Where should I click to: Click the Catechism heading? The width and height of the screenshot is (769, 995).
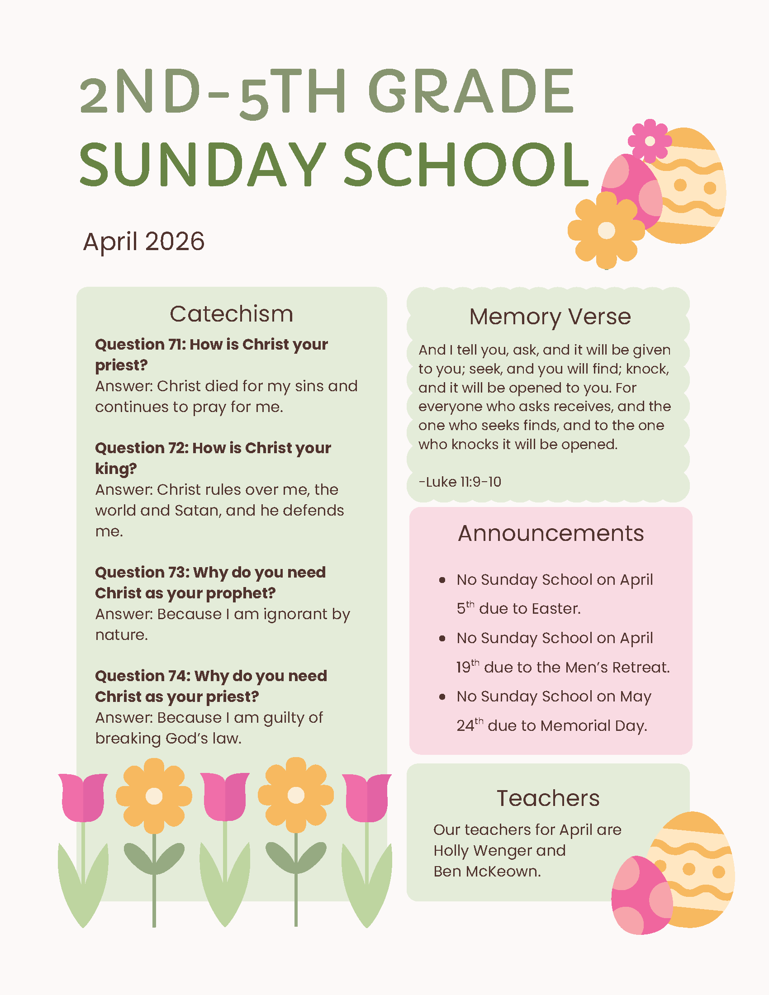pyautogui.click(x=232, y=314)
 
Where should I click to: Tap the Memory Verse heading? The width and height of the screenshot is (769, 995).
pyautogui.click(x=550, y=317)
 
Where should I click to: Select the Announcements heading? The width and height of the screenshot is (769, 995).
pyautogui.click(x=551, y=533)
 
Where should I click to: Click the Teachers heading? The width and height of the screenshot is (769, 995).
pyautogui.click(x=548, y=798)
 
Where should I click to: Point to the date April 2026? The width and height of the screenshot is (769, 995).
pyautogui.click(x=143, y=241)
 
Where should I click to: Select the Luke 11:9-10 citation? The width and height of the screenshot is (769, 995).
pyautogui.click(x=460, y=482)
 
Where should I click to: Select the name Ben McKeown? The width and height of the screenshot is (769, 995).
pyautogui.click(x=487, y=872)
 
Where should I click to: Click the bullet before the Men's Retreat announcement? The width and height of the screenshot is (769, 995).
pyautogui.click(x=442, y=639)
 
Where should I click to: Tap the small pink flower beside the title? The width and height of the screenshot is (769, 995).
pyautogui.click(x=650, y=141)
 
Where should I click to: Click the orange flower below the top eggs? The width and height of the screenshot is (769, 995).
pyautogui.click(x=606, y=230)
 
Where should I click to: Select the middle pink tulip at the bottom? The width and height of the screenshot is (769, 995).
pyautogui.click(x=225, y=797)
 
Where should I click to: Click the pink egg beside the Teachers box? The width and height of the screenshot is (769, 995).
pyautogui.click(x=641, y=895)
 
